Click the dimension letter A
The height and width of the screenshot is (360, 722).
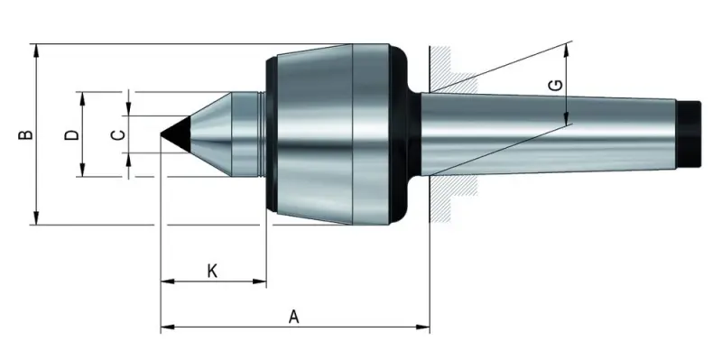pos(293,316)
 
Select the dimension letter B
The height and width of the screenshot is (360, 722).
pos(25,134)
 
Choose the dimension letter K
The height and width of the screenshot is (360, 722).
pos(212,270)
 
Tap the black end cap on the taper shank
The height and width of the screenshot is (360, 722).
pos(690,134)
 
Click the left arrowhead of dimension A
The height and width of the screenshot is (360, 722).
pos(165,328)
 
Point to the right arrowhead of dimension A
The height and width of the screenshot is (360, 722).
pos(425,328)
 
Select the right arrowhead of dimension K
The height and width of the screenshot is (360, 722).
pos(262,282)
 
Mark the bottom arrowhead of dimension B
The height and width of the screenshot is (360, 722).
pos(36,218)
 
